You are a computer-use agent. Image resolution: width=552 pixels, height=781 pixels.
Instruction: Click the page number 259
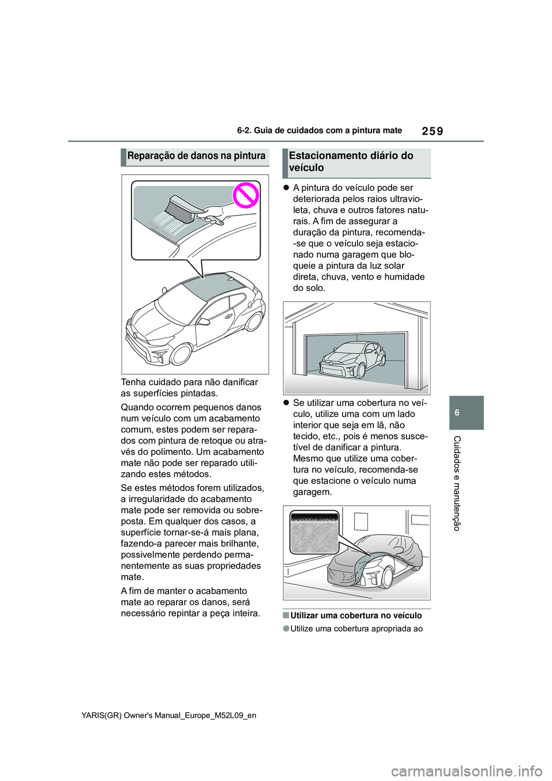tap(432, 131)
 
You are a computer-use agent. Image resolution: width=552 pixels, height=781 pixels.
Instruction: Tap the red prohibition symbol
tap(246, 197)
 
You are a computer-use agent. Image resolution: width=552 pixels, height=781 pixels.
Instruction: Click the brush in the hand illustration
tap(181, 208)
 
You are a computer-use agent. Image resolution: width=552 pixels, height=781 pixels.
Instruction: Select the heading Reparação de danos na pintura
tap(196, 156)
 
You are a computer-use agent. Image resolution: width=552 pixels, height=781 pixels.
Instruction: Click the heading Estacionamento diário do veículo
tap(351, 162)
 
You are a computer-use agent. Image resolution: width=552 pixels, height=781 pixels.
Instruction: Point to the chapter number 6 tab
tap(466, 413)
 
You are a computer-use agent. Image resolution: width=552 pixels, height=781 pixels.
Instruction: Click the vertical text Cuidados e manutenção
tap(457, 483)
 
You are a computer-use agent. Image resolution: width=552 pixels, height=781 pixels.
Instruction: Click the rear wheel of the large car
tap(254, 320)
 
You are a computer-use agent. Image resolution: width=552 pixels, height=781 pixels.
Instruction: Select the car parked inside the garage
tap(352, 361)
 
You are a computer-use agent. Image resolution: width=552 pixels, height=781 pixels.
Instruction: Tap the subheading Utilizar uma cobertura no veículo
tap(356, 615)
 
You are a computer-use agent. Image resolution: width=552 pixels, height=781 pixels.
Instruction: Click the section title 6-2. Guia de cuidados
tap(319, 131)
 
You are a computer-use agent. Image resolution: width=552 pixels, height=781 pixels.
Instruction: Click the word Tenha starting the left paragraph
tap(135, 382)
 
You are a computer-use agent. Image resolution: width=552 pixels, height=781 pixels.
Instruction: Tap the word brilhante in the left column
tap(237, 543)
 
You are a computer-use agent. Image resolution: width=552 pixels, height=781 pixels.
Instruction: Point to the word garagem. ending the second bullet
tap(312, 492)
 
